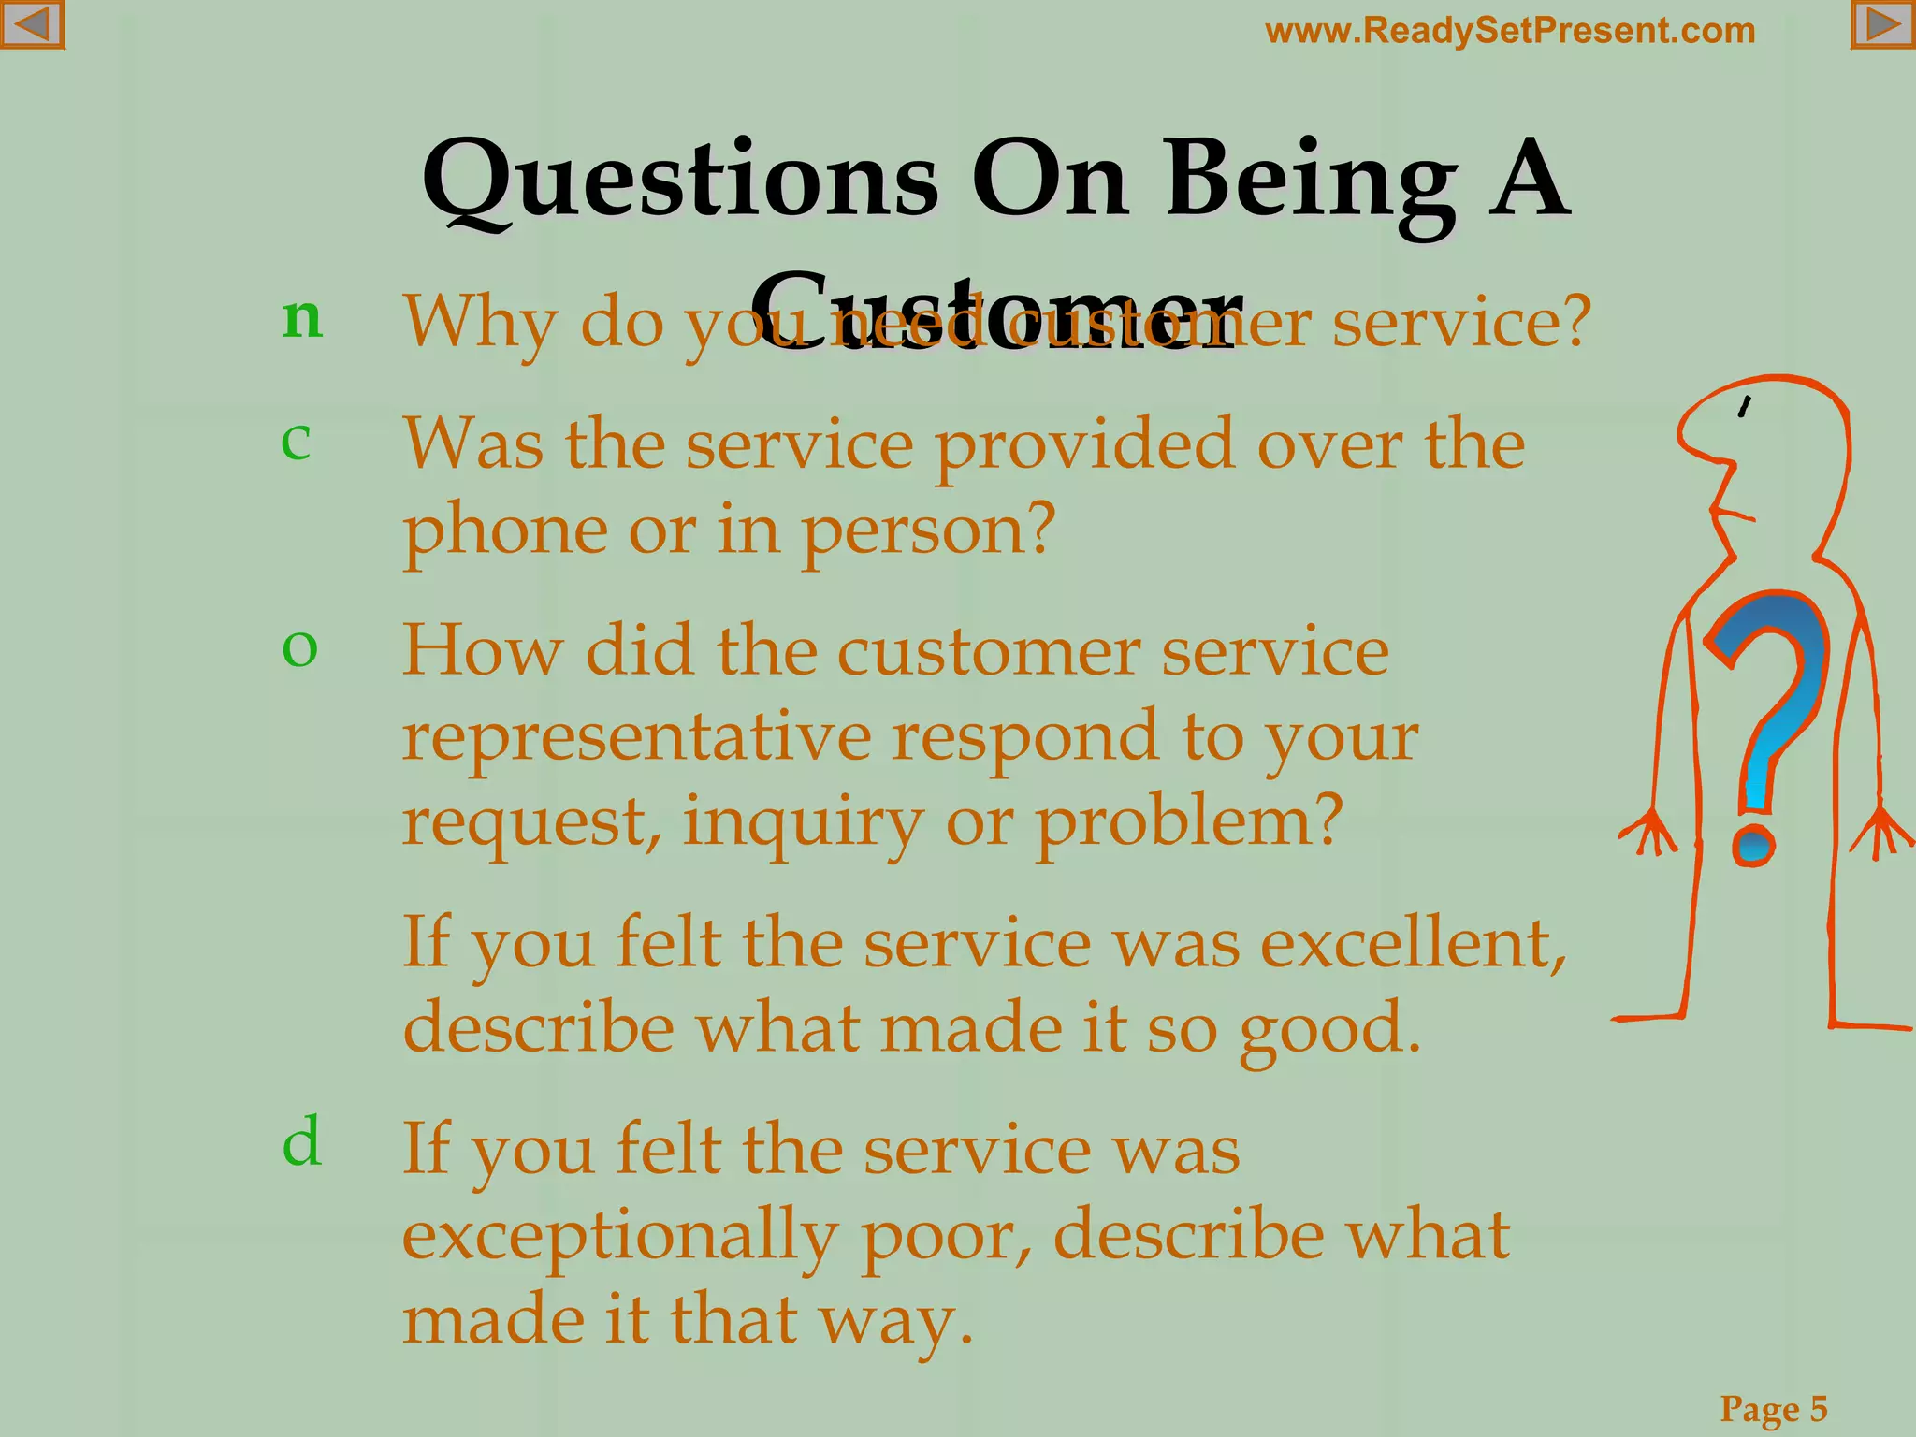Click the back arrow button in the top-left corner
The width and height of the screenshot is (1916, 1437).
coord(32,24)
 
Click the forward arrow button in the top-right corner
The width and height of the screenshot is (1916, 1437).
coord(1882,24)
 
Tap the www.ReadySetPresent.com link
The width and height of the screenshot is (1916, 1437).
coord(1510,31)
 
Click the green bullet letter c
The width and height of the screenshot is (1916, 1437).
coord(296,439)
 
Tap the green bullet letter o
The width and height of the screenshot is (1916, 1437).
coord(299,646)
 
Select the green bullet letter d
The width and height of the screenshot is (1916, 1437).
coord(302,1141)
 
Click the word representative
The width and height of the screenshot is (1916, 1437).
coord(636,737)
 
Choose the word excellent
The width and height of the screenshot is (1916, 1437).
coord(1413,943)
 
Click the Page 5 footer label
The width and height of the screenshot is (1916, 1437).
coord(1774,1408)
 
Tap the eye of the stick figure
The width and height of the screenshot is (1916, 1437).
coord(1744,407)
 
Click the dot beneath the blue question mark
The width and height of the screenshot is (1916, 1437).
coord(1752,845)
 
